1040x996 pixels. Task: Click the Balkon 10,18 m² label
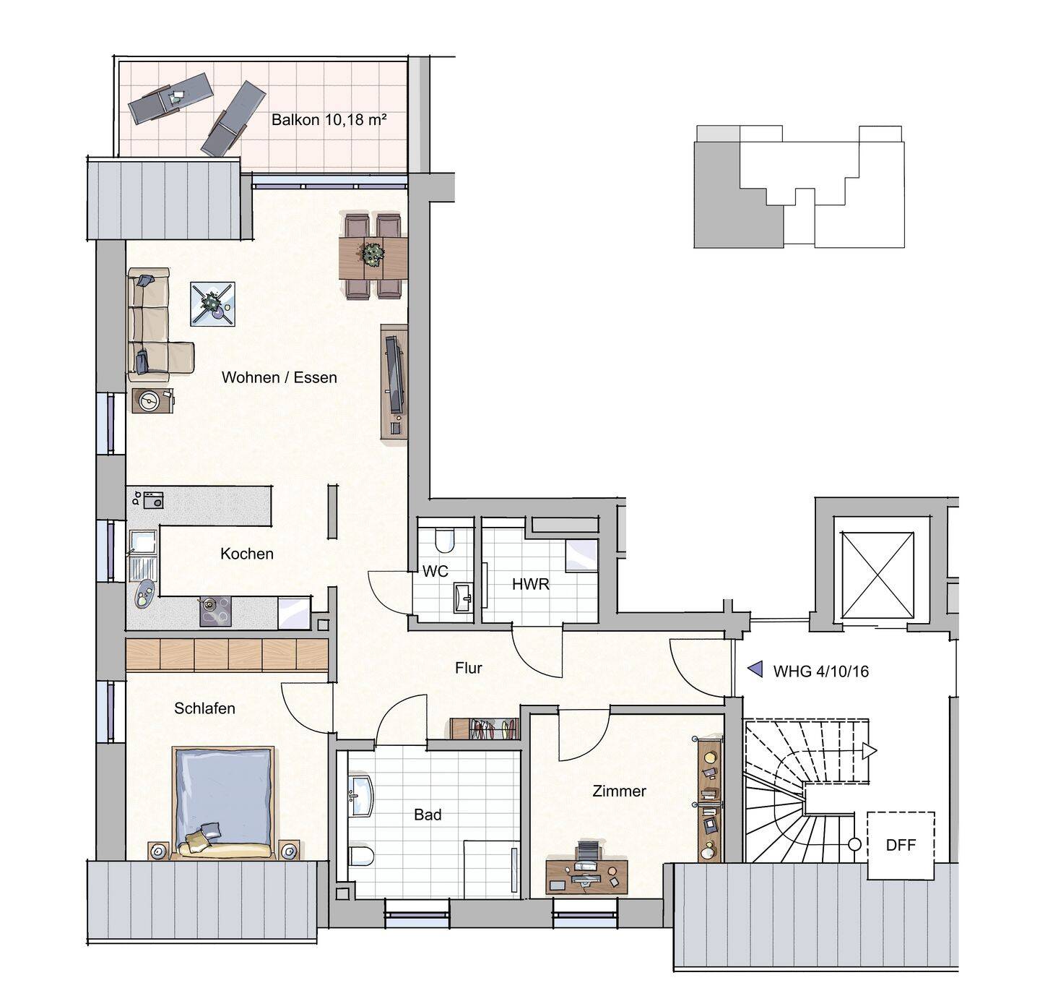[x=329, y=119]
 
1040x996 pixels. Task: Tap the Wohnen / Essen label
[x=279, y=377]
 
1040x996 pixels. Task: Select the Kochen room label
[x=247, y=554]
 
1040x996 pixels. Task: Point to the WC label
[x=435, y=571]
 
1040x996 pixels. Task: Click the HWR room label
[x=531, y=584]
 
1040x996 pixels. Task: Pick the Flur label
[x=469, y=668]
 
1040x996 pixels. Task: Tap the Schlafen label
[x=204, y=708]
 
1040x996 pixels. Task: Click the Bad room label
[x=428, y=815]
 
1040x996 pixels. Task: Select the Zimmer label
[x=620, y=791]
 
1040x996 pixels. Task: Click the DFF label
[x=901, y=845]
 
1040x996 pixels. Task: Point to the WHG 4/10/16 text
[x=821, y=671]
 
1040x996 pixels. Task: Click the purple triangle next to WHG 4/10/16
[x=755, y=669]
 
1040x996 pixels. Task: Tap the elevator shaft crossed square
[x=877, y=575]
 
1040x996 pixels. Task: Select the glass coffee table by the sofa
[x=213, y=304]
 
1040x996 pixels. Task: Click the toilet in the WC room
[x=445, y=540]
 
